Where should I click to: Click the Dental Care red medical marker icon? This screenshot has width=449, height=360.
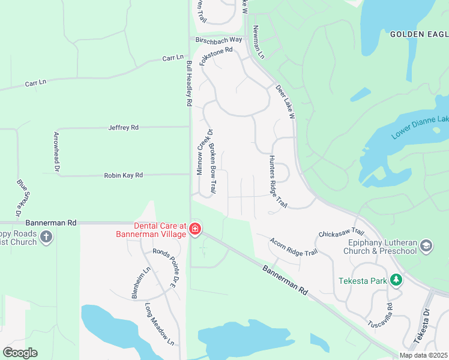(x=195, y=229)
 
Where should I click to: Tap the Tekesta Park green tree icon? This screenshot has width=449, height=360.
(x=396, y=280)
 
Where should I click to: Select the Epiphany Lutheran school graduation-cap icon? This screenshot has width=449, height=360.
(x=426, y=245)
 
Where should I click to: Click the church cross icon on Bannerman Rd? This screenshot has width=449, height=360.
(x=46, y=238)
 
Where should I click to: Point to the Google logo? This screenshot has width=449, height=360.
(x=20, y=353)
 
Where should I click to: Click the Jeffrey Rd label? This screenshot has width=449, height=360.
(x=123, y=128)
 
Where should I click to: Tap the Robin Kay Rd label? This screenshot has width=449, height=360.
(x=123, y=175)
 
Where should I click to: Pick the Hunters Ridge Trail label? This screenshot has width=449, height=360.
(x=277, y=182)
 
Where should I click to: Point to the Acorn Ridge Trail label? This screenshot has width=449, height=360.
(x=293, y=247)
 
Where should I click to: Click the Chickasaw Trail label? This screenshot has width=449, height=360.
(x=342, y=232)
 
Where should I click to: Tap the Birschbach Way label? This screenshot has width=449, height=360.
(x=218, y=40)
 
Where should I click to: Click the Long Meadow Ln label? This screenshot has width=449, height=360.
(x=160, y=324)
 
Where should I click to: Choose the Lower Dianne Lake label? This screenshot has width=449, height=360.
(x=420, y=127)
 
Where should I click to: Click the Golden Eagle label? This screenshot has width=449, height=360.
(x=419, y=34)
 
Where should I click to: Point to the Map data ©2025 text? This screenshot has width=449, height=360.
(x=423, y=355)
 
